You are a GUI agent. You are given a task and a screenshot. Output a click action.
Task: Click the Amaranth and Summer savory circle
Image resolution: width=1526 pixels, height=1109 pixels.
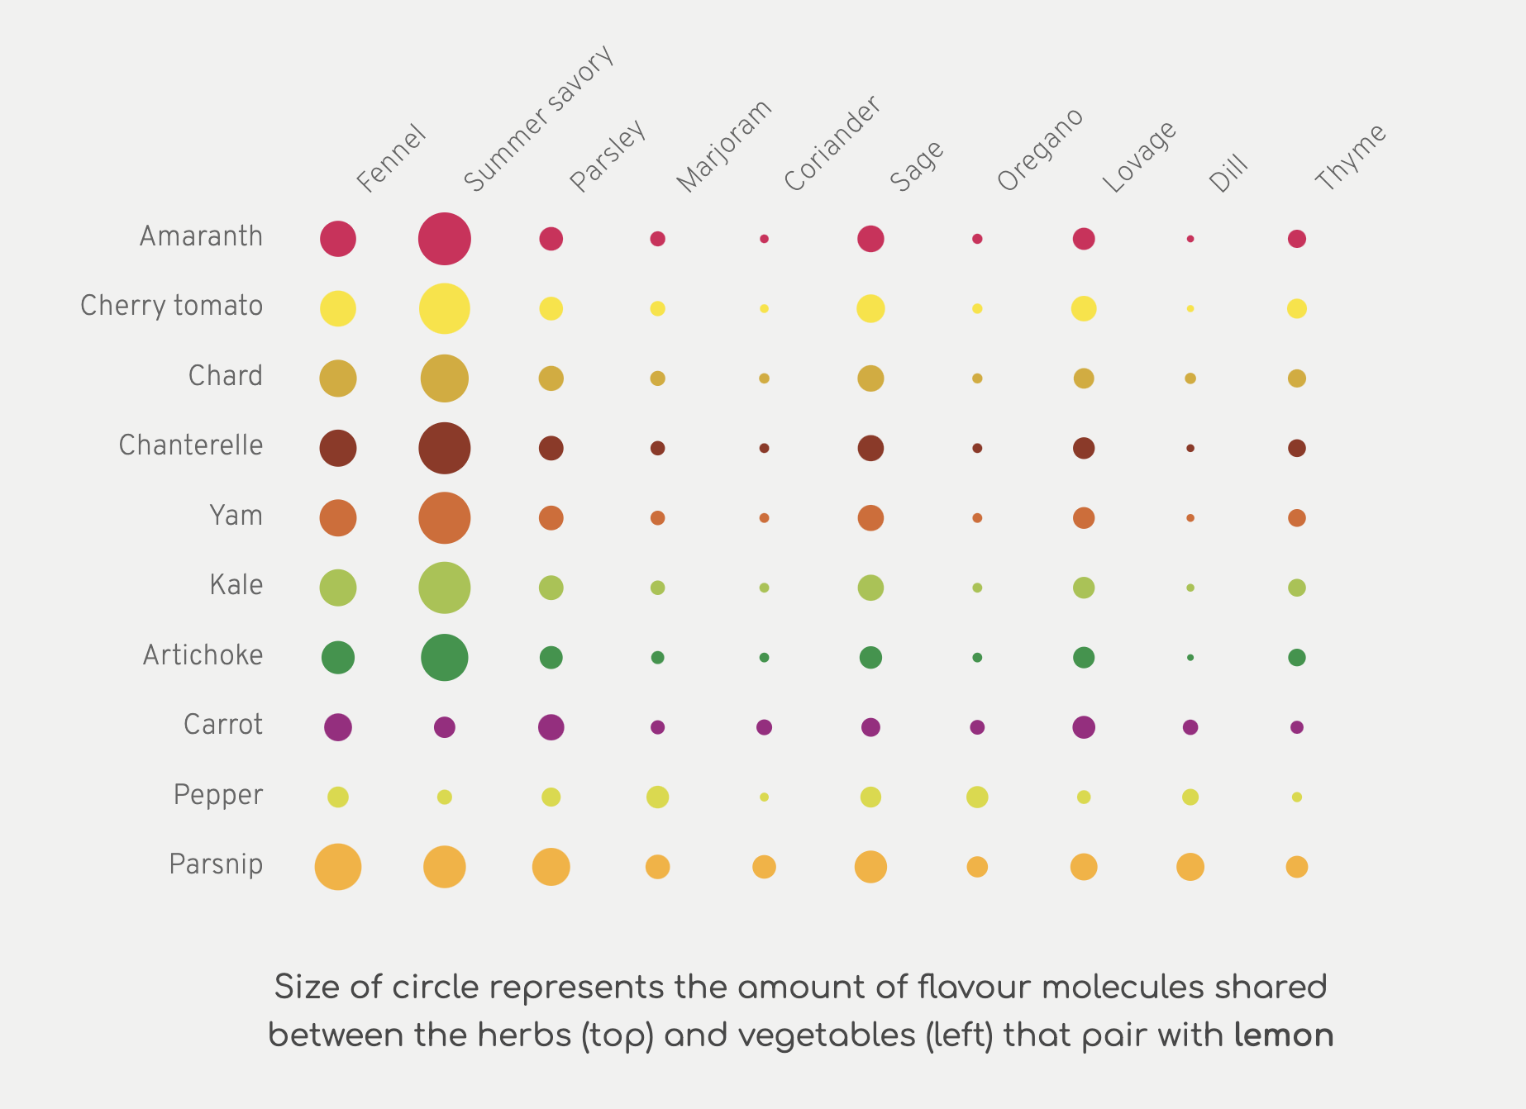pos(445,239)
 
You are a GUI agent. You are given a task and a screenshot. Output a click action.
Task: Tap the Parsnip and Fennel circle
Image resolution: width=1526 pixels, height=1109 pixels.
pos(338,867)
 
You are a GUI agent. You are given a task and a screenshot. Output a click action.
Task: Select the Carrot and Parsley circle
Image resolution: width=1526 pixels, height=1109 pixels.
pos(551,727)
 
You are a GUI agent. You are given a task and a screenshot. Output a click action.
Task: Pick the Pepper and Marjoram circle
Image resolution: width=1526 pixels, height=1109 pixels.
pos(657,797)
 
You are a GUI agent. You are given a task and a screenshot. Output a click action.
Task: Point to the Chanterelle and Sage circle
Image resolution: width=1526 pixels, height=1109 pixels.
pos(870,448)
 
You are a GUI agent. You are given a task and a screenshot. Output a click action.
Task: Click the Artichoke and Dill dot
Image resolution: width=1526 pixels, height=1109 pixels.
pos(1190,658)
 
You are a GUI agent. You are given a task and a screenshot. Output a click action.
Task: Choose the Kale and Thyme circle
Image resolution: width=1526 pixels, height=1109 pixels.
pos(1297,588)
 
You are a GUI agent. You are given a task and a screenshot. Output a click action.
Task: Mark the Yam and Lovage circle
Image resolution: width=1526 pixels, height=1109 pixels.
pos(1084,518)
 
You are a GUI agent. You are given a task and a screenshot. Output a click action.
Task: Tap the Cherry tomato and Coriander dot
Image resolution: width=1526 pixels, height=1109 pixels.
pos(764,308)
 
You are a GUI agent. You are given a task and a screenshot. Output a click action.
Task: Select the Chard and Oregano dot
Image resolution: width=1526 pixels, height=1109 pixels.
pos(977,378)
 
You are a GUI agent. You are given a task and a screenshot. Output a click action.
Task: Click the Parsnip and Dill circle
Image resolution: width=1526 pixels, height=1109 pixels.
pos(1190,867)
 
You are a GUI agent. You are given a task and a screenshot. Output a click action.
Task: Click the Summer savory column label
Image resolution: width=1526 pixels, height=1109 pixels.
pos(539,117)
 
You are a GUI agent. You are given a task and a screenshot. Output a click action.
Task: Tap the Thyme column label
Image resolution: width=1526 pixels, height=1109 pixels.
pos(1350,157)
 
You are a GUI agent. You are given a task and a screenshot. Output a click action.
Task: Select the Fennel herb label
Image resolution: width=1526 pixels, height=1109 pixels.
pos(391,159)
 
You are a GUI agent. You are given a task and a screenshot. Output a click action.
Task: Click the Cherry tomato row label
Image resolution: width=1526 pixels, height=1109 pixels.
pos(171,306)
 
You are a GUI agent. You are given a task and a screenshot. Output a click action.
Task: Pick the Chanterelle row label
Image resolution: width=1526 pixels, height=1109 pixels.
pos(191,445)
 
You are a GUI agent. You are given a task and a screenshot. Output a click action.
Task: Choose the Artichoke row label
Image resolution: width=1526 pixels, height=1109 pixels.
pos(203,655)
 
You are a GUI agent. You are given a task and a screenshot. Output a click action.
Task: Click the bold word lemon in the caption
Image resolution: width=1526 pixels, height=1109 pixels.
pos(1284,1035)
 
